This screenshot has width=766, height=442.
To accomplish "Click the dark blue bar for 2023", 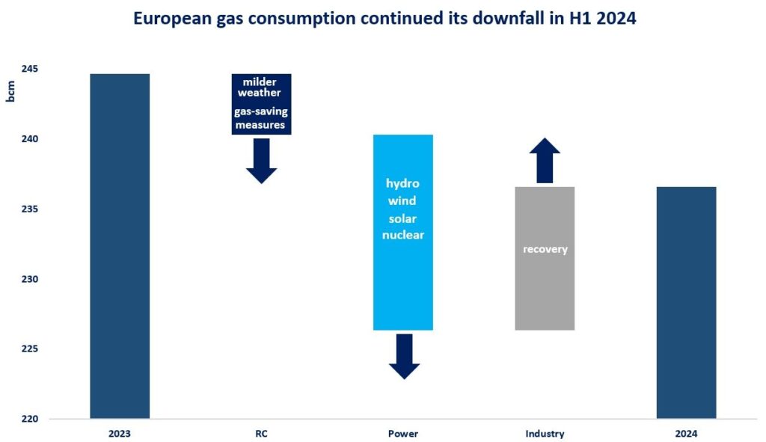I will click(120, 247).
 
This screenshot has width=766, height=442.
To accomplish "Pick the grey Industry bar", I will click(545, 292).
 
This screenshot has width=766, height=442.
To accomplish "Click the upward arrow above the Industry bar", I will click(545, 159).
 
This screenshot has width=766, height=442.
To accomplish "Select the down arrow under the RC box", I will click(262, 161).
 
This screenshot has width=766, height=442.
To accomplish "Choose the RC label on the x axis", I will click(261, 434).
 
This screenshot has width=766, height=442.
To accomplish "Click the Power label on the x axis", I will click(403, 434).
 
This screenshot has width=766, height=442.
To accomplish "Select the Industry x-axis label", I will click(545, 434).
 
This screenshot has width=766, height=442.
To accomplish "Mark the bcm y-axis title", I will click(11, 90).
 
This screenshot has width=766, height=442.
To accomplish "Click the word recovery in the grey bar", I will click(545, 249).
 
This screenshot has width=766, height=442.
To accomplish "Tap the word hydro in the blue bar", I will click(403, 183).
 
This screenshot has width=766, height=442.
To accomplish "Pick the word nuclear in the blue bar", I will click(403, 235).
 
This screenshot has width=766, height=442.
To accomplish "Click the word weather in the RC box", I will click(260, 93).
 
